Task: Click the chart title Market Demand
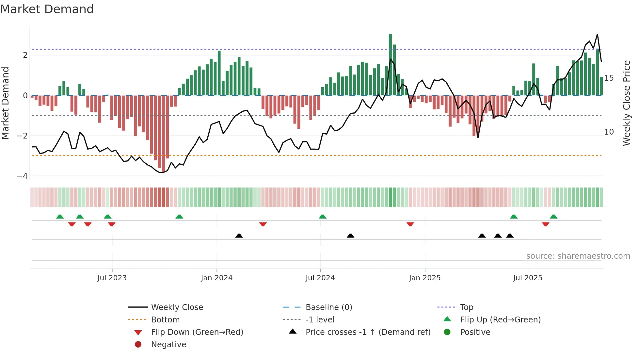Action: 47,9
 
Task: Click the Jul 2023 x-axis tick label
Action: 112,278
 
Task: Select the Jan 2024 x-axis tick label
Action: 216,278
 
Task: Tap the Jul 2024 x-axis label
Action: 320,278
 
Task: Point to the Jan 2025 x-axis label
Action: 424,278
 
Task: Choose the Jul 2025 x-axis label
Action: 527,278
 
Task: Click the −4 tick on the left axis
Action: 22,176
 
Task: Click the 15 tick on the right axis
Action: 609,78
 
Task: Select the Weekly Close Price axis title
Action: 626,103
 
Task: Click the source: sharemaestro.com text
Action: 578,256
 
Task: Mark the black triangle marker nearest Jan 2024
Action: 239,236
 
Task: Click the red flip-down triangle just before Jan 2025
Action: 410,224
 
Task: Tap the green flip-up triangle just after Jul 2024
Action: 323,217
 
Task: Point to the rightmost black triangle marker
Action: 510,236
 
